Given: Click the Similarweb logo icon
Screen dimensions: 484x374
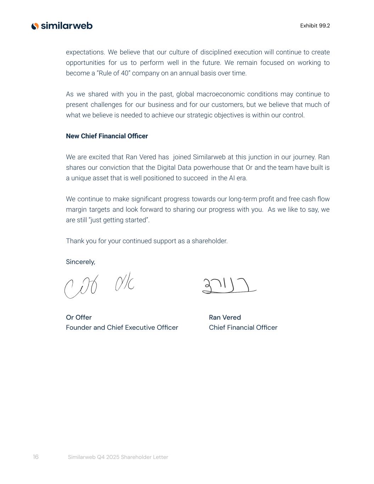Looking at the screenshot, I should coord(35,26).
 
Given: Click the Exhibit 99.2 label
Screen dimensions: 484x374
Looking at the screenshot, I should coord(315,26).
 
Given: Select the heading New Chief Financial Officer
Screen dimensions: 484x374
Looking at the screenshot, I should coord(107,136).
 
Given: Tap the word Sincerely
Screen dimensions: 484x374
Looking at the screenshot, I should coord(80,262).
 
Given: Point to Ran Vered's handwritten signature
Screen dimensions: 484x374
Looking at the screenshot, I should coord(229,286).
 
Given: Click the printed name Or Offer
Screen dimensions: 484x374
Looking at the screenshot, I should coord(79,317).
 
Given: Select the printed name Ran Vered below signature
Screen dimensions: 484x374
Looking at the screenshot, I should coord(225,317).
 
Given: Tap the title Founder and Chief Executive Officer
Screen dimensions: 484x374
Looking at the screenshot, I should coord(122,328).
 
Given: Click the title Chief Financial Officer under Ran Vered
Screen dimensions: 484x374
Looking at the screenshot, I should coord(243,328).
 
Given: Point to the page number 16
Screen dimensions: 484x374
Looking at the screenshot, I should coord(36,457).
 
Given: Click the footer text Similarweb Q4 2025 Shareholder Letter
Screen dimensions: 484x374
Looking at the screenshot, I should coord(118,457).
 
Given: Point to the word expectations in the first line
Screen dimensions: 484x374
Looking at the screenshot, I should coord(85,52).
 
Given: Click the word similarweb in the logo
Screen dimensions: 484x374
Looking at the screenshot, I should coord(67,26).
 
